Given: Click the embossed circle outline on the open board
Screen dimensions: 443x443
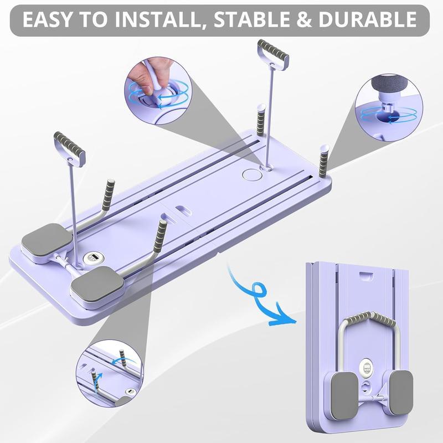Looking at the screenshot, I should [x=251, y=174].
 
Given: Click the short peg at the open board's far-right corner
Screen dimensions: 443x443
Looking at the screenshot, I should [x=323, y=161].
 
